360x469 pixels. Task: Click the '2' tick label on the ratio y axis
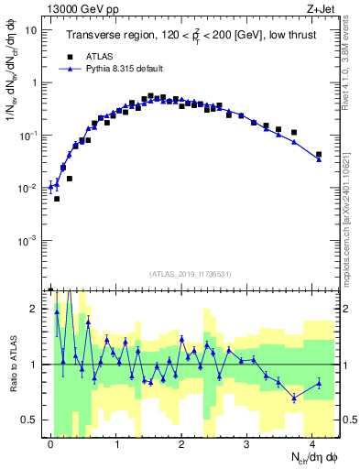coord(35,309)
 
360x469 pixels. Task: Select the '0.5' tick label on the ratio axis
coord(30,420)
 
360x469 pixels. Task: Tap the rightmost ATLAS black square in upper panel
coord(319,155)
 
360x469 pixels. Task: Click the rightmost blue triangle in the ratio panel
coord(319,383)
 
